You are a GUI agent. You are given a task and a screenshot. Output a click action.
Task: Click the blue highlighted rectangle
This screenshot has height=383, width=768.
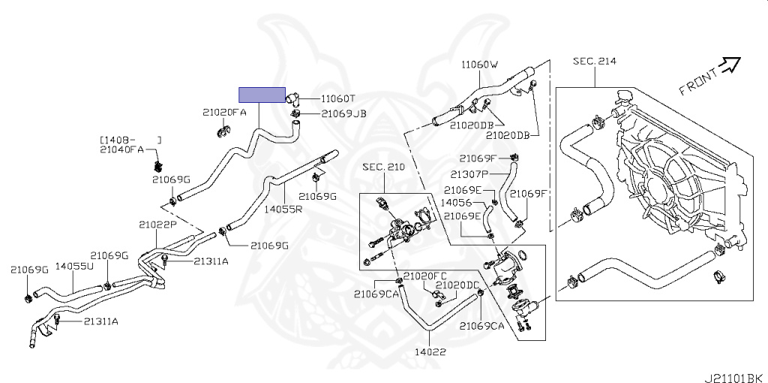pyautogui.click(x=262, y=95)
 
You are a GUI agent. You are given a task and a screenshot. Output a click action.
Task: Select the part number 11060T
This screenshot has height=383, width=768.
pyautogui.click(x=338, y=98)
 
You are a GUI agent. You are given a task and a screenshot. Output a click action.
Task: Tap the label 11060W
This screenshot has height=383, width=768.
pyautogui.click(x=480, y=65)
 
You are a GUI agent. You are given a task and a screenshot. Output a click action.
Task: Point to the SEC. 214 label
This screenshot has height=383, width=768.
pyautogui.click(x=594, y=61)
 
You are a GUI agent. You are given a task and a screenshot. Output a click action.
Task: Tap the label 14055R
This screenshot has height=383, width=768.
pyautogui.click(x=283, y=209)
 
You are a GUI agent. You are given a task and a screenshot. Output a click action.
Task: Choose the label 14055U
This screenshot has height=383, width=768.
pyautogui.click(x=75, y=266)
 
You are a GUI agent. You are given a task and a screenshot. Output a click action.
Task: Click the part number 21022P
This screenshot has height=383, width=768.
pyautogui.click(x=157, y=224)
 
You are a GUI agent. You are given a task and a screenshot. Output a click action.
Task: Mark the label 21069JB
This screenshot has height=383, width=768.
pyautogui.click(x=343, y=114)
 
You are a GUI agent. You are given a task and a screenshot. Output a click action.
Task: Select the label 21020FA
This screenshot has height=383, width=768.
pyautogui.click(x=223, y=112)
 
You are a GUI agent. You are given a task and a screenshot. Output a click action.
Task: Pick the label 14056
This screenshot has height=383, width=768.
pyautogui.click(x=456, y=202)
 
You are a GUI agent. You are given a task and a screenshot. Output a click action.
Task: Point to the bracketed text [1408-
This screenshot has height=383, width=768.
pyautogui.click(x=117, y=140)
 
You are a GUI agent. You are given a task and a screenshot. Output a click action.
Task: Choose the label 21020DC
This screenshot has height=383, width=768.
pyautogui.click(x=457, y=285)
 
